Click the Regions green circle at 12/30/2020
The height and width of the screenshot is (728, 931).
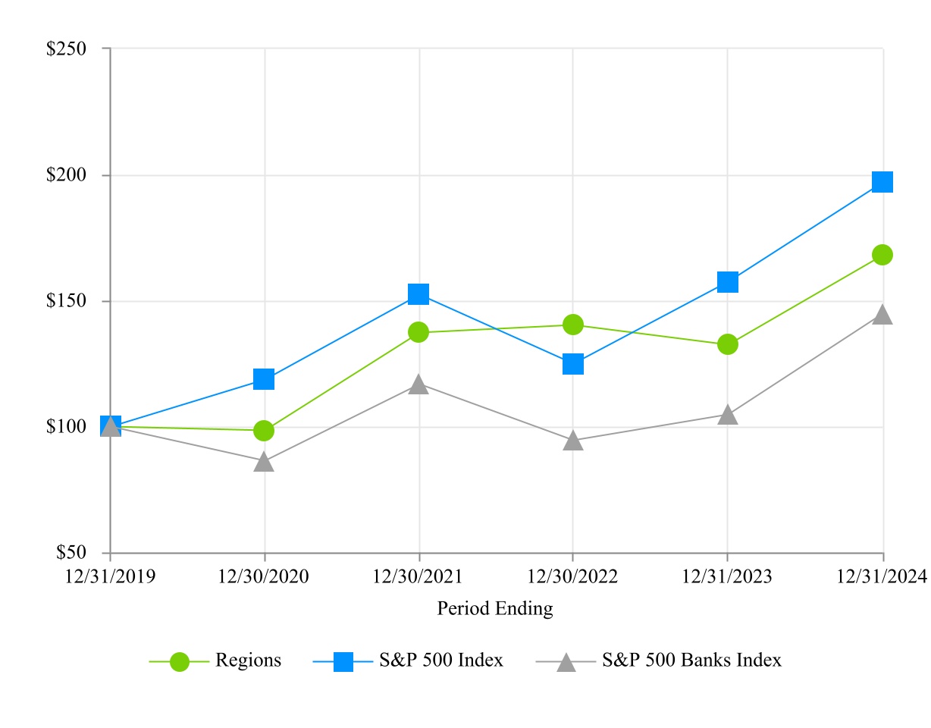pyautogui.click(x=264, y=431)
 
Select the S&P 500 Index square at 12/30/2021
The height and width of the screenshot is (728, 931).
pyautogui.click(x=418, y=294)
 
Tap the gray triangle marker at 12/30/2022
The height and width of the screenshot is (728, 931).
pyautogui.click(x=573, y=441)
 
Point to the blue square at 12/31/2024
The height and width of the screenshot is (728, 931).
pyautogui.click(x=882, y=182)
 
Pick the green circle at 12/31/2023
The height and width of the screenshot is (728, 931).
pyautogui.click(x=728, y=344)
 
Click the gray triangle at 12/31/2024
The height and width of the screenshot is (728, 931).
pyautogui.click(x=882, y=315)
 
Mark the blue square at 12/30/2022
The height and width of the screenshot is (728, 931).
pyautogui.click(x=573, y=364)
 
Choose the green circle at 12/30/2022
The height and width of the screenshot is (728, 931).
pyautogui.click(x=573, y=325)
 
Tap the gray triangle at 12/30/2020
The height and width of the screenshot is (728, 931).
pyautogui.click(x=264, y=462)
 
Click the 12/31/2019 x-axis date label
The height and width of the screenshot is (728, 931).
pyautogui.click(x=111, y=577)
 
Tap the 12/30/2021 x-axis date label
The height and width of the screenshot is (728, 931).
pyautogui.click(x=418, y=577)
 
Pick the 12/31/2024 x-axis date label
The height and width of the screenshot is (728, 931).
pyautogui.click(x=882, y=577)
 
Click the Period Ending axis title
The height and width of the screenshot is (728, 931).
pyautogui.click(x=495, y=608)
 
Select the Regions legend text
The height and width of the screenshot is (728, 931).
pyautogui.click(x=248, y=661)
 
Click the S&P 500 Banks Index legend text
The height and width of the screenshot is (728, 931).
pyautogui.click(x=691, y=661)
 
